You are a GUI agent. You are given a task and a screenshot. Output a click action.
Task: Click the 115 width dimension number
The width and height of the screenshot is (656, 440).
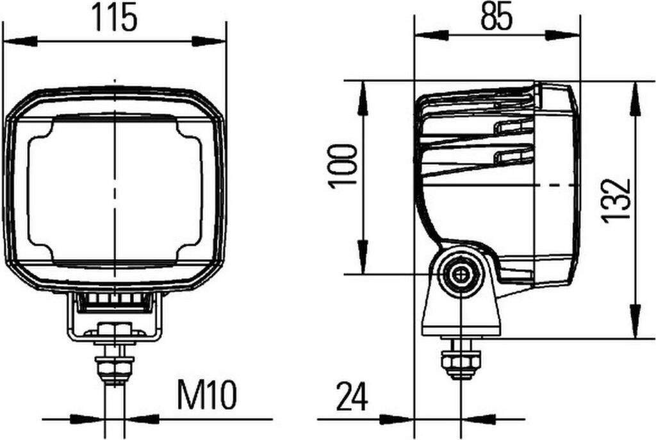tap(114, 17)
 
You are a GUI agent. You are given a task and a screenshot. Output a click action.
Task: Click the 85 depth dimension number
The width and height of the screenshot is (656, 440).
tap(496, 17)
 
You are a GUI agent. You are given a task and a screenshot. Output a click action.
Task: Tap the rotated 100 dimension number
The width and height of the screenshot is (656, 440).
tap(343, 166)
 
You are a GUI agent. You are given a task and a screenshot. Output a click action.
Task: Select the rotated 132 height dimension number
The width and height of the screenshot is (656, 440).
tap(615, 201)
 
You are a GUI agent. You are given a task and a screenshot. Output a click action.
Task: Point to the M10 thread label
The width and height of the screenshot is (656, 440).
tap(207, 394)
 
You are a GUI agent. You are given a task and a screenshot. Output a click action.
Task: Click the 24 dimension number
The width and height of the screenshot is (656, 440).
tap(352, 396)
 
